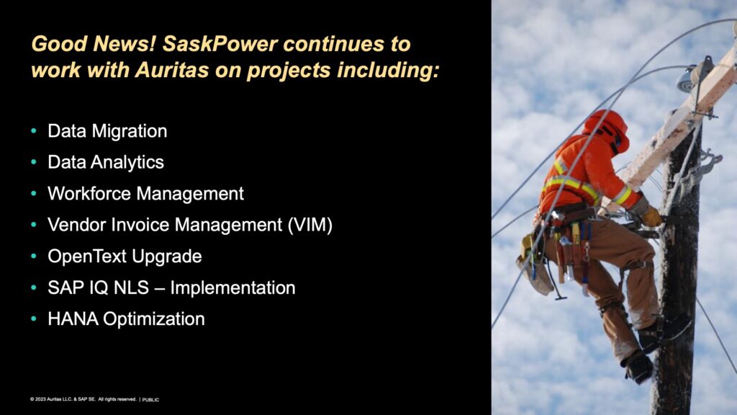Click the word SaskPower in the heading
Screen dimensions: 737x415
point(220,44)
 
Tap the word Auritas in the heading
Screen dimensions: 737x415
point(171,70)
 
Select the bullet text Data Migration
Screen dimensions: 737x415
point(107,131)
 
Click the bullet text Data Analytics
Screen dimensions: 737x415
point(106,162)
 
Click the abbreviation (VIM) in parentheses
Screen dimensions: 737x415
point(309,225)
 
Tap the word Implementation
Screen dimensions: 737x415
point(232,287)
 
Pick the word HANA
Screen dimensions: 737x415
point(73,319)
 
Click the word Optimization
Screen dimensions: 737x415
point(154,319)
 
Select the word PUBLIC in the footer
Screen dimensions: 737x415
point(150,399)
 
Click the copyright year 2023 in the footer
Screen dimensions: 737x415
point(40,399)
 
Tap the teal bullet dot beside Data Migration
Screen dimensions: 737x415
point(34,131)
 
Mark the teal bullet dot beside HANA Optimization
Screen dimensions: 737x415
point(34,318)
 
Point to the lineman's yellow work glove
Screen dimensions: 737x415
point(651,215)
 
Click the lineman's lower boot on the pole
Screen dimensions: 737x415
point(638,366)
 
